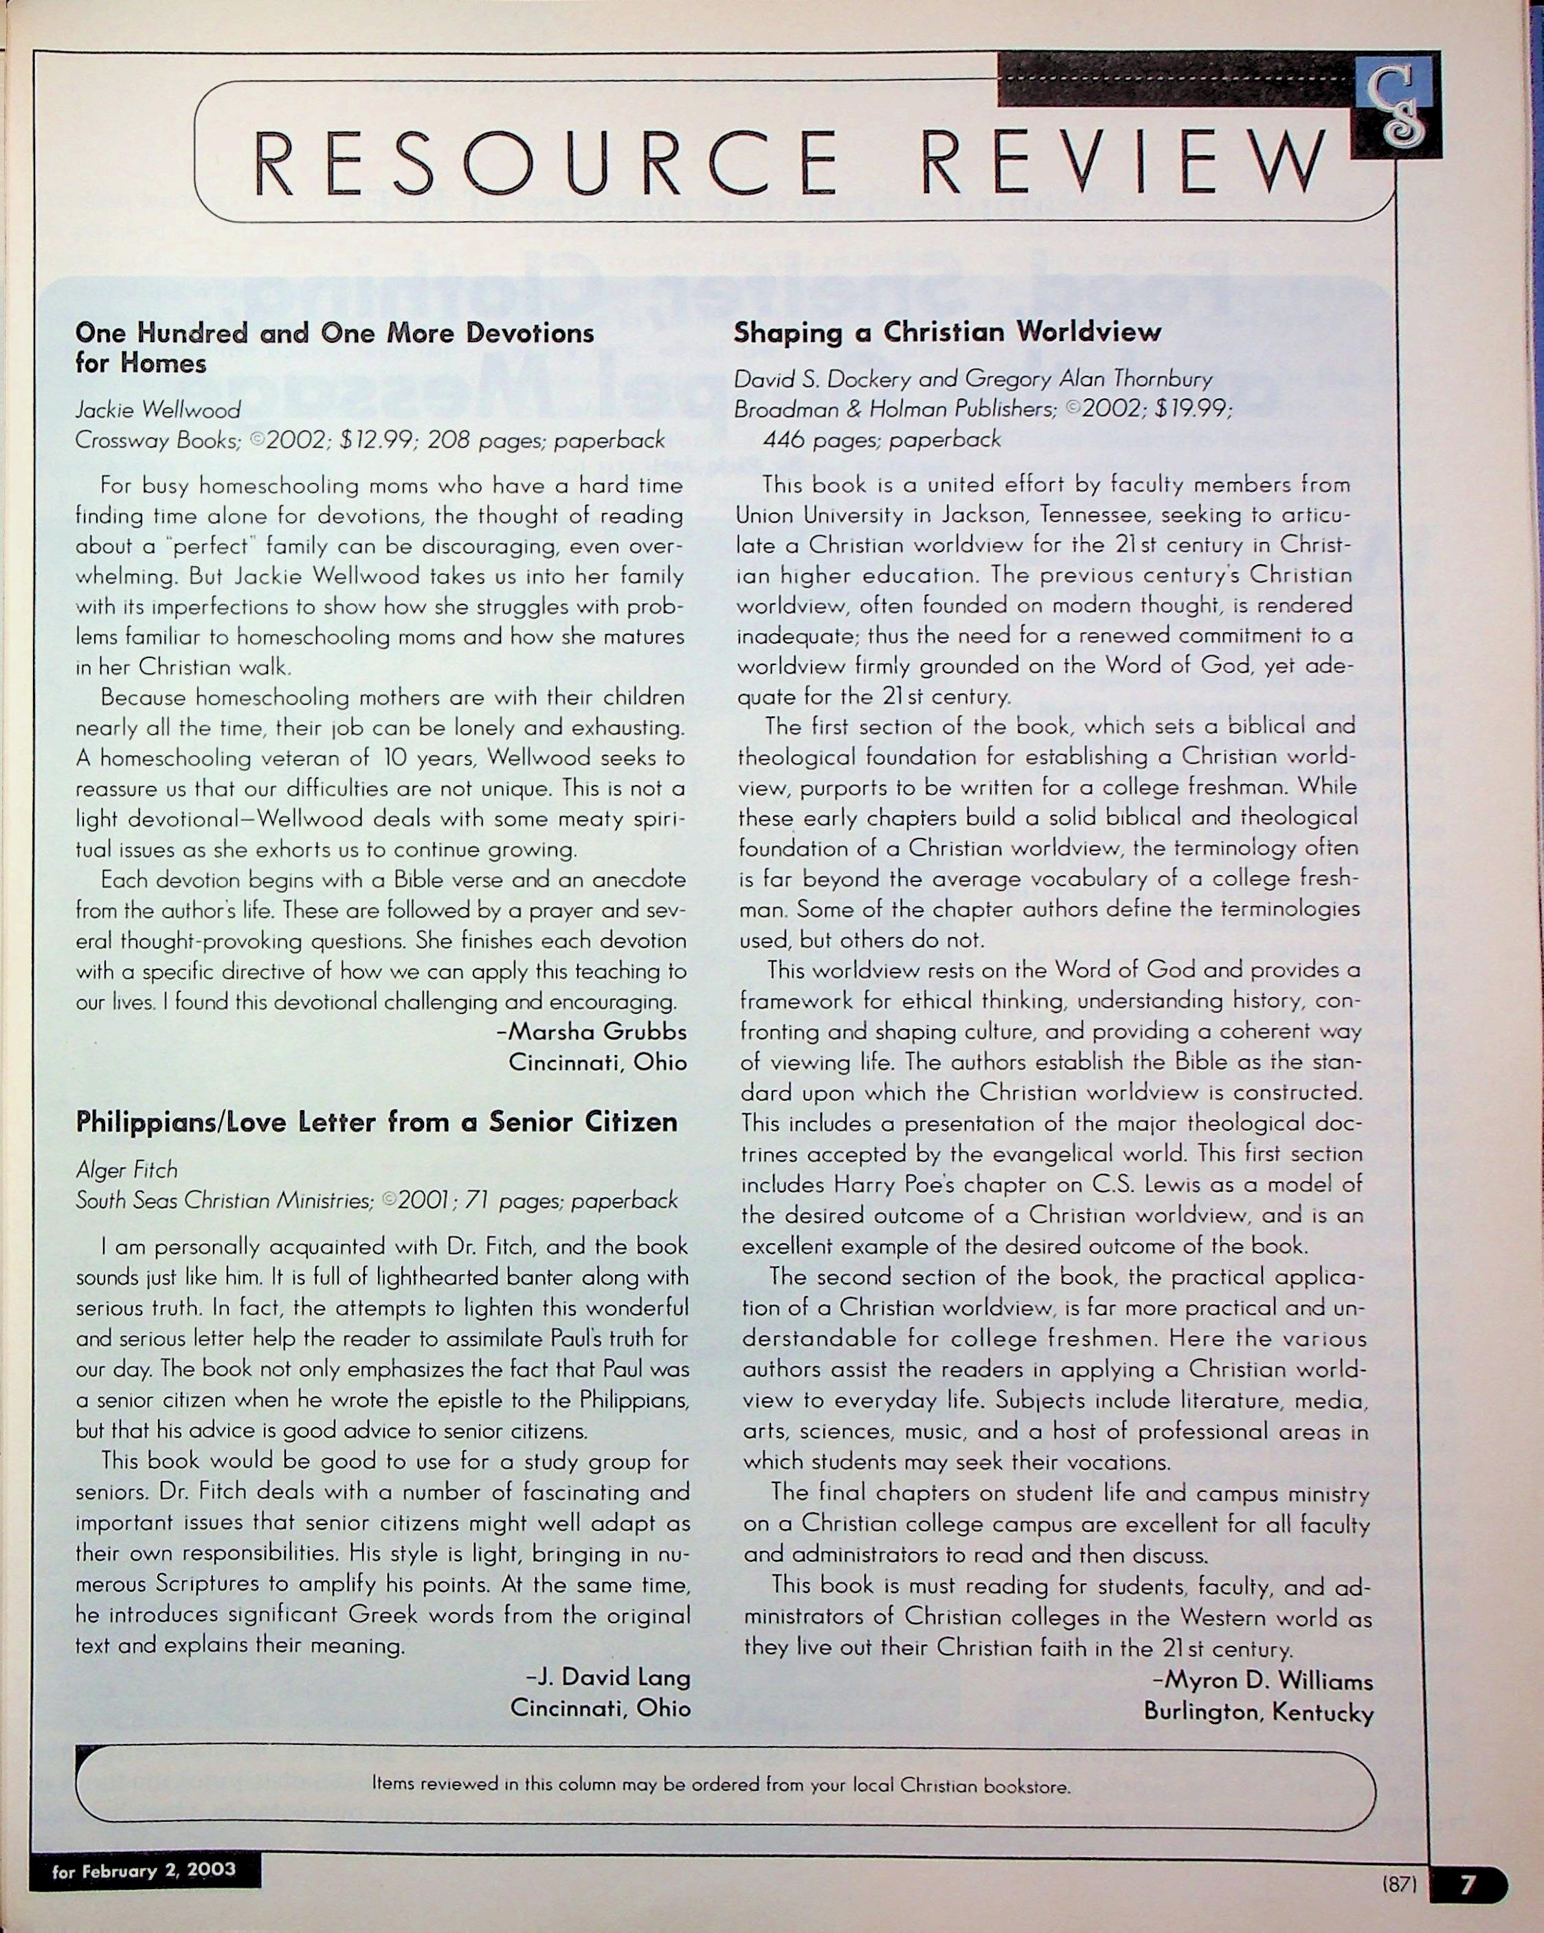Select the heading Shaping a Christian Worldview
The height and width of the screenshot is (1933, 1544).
point(947,332)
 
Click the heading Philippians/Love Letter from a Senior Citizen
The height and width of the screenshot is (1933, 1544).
point(377,1122)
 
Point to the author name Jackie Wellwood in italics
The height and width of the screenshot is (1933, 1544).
point(158,409)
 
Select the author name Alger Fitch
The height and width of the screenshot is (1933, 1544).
point(126,1170)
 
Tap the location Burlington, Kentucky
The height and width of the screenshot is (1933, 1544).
point(1258,1712)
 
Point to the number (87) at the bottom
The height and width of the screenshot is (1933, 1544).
point(1399,1885)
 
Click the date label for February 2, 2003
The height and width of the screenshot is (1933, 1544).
point(144,1870)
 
